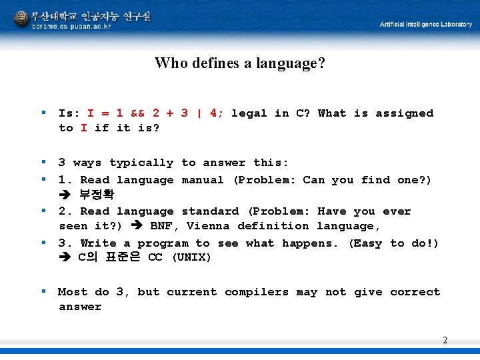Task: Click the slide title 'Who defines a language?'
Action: point(239,63)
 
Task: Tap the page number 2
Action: point(445,341)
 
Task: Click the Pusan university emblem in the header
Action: point(21,18)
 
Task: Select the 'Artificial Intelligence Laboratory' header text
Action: point(425,25)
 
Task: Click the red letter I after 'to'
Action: point(83,128)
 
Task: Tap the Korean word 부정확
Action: point(97,195)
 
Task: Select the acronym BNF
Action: point(164,226)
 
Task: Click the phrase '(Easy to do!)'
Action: point(393,243)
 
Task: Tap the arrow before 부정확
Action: point(65,195)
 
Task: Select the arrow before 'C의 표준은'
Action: point(65,258)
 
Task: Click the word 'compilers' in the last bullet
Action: point(256,292)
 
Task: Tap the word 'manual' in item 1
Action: point(203,180)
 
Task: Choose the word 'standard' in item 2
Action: point(209,211)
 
